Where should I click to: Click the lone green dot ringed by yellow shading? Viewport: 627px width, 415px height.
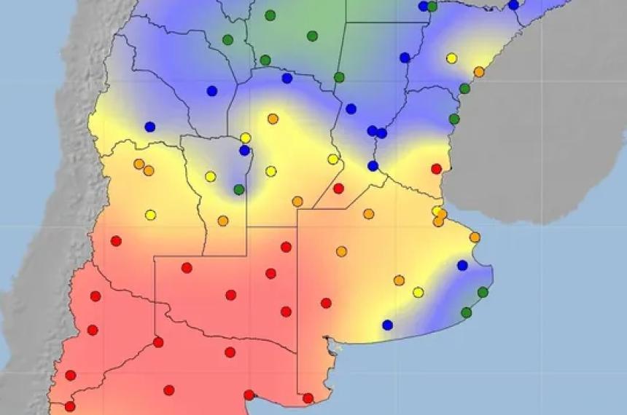click(239, 189)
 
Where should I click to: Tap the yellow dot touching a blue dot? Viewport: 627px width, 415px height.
click(246, 138)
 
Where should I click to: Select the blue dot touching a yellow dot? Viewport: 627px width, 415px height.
click(245, 150)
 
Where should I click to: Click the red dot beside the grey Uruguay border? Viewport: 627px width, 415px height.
click(437, 169)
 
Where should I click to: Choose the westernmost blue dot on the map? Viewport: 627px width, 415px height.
click(150, 127)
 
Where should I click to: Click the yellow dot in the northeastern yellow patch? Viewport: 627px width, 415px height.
click(452, 58)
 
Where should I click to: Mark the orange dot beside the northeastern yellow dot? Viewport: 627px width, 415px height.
click(479, 71)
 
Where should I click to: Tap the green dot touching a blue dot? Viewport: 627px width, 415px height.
click(432, 6)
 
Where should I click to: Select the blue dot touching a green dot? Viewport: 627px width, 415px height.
click(424, 6)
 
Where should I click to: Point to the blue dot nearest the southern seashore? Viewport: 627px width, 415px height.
click(388, 325)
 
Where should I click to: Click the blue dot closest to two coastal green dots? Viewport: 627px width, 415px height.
click(462, 265)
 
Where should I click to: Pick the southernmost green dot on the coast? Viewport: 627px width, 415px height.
click(467, 312)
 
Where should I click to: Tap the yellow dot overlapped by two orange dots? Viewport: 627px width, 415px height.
click(437, 211)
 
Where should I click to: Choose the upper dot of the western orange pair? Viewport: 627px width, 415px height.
click(139, 164)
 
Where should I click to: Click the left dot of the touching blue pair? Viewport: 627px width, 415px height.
click(373, 131)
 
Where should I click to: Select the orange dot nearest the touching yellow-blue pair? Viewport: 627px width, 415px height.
click(273, 119)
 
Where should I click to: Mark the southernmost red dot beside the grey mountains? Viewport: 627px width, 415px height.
click(70, 406)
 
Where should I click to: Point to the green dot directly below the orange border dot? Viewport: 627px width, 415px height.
click(464, 89)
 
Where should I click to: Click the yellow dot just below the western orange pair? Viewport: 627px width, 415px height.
click(150, 215)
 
